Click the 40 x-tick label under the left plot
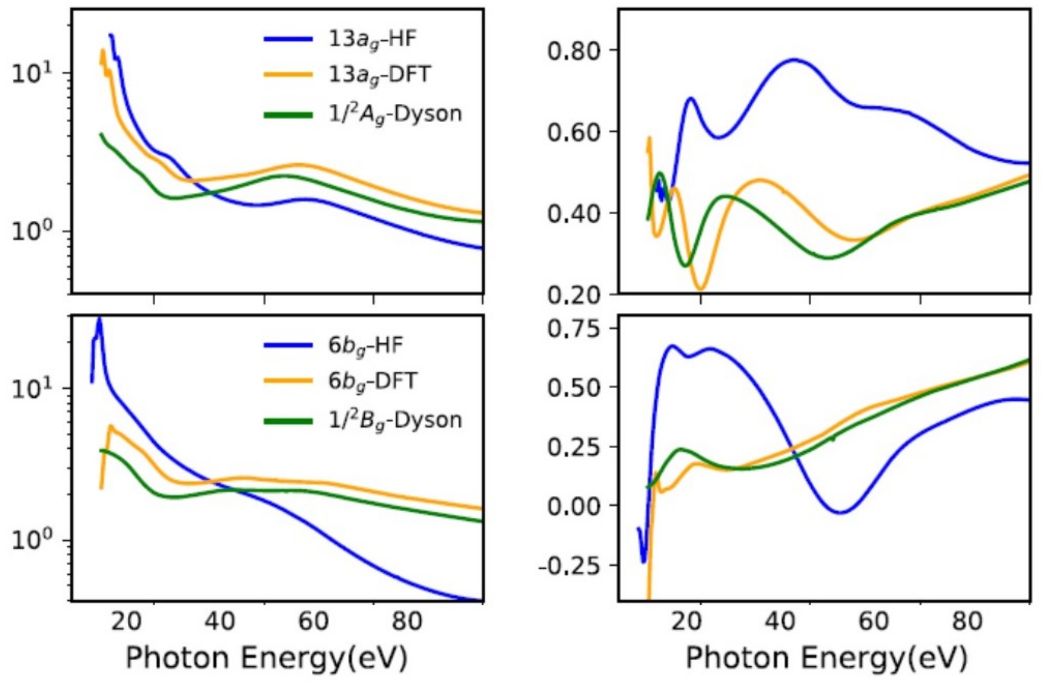point(220,622)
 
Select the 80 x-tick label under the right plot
point(966,622)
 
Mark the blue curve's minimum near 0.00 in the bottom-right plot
point(840,512)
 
